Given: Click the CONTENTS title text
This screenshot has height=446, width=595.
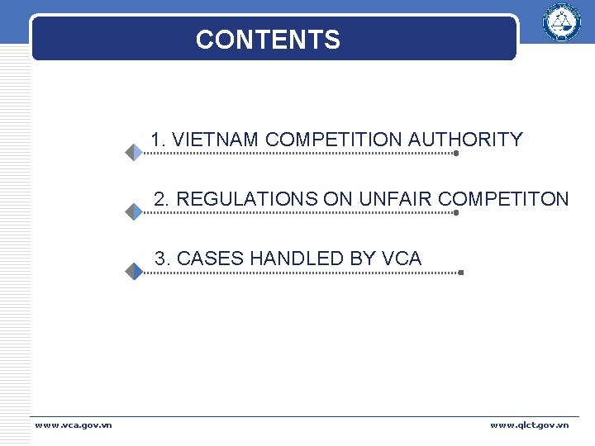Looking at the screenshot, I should (268, 40).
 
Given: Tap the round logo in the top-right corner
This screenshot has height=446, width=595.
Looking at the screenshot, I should (561, 22).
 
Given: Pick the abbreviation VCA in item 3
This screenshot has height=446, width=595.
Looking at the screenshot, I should (402, 259).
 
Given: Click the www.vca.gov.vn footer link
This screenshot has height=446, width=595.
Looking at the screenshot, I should (74, 425).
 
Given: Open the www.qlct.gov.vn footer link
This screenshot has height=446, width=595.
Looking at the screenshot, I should (529, 425).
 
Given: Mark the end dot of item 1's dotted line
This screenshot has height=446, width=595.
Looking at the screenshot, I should (456, 153).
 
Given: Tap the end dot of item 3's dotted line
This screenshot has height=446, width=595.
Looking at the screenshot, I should (460, 272).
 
